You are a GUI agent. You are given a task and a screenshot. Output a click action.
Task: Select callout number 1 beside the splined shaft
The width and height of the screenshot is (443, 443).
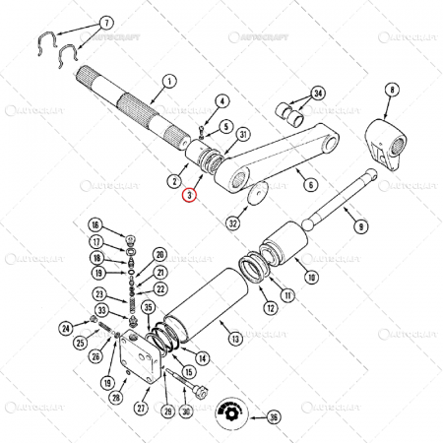point(168,81)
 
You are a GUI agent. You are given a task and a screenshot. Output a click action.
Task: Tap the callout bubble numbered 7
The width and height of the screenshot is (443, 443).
point(107,21)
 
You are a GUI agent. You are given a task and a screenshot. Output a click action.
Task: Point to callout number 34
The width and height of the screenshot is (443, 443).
point(318,94)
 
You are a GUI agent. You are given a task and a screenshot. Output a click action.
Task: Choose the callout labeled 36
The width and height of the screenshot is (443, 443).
point(275,417)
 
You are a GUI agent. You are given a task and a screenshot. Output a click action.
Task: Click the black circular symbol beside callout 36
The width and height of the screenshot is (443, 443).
point(232,411)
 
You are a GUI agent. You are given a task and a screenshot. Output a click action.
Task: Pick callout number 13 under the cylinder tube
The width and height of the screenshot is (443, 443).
point(235,339)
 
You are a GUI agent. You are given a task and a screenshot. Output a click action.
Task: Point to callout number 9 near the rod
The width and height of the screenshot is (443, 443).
point(361,225)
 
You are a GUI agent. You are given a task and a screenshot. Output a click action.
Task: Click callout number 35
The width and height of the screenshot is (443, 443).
point(150,306)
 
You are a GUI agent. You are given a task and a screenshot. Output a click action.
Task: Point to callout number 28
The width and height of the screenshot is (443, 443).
point(115,397)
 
